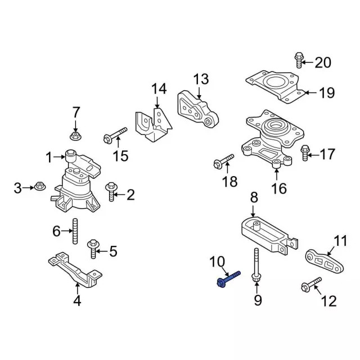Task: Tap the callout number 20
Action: tap(323, 62)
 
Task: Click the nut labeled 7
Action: tap(75, 135)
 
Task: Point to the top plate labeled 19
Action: tap(275, 85)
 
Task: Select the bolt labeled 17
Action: tap(305, 152)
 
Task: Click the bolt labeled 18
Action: tap(223, 162)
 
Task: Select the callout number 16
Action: tap(280, 188)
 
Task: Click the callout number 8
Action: tap(254, 197)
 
